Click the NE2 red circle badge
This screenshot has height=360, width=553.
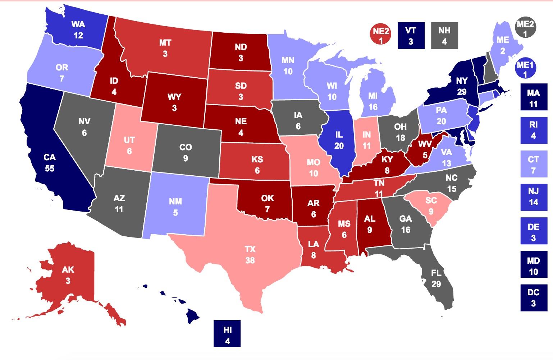click(x=381, y=36)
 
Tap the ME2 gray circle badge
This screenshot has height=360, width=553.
click(x=525, y=28)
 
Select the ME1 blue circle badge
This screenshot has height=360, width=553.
click(x=525, y=69)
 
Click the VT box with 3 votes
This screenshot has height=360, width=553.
click(x=411, y=36)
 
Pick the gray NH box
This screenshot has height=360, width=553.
click(x=444, y=36)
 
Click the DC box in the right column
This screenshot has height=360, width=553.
click(x=533, y=297)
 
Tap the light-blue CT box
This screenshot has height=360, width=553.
click(x=533, y=164)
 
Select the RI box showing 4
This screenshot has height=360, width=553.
click(x=533, y=130)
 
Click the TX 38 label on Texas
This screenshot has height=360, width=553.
click(x=250, y=254)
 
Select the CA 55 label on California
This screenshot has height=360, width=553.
click(x=50, y=163)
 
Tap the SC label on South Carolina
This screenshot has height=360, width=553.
click(x=431, y=206)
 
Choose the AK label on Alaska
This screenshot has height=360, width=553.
click(x=68, y=275)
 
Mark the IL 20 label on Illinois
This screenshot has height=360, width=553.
click(x=339, y=140)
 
